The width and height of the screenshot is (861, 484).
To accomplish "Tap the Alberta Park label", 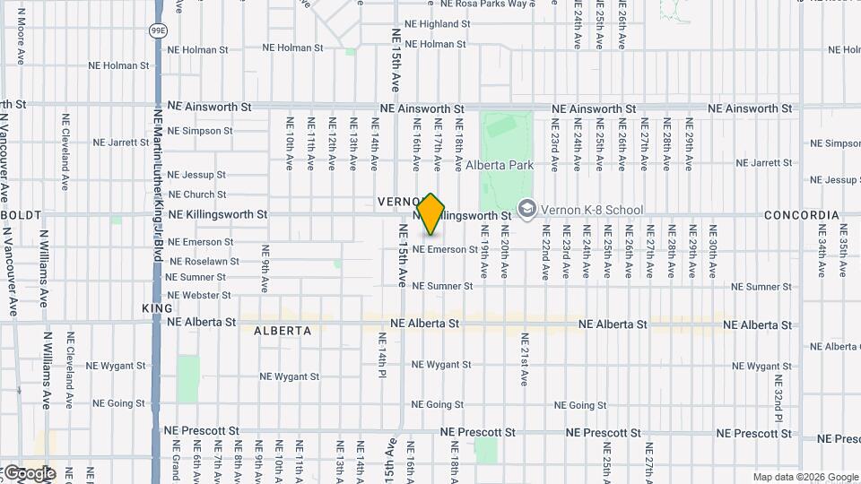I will (500, 165).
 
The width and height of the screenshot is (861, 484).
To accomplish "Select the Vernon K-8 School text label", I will (592, 210).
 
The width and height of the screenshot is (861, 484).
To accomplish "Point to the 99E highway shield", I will (157, 30).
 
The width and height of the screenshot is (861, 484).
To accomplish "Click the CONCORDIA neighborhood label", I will (801, 215).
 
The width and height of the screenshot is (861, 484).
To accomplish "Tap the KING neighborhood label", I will (150, 307).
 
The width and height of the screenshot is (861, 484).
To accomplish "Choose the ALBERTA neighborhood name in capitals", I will (283, 331).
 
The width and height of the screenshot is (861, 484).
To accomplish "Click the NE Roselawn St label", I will (204, 261).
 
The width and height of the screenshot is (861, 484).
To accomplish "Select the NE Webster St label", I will (199, 295).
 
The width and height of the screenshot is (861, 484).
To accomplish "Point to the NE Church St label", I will (197, 194).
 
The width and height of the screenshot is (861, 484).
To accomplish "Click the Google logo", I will (29, 473).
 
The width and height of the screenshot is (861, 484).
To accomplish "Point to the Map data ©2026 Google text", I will (805, 477).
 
